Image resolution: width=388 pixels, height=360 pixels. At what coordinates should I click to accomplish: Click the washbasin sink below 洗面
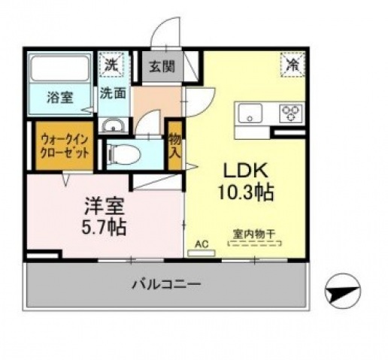(114, 125)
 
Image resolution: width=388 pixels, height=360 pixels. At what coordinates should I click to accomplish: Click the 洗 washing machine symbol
(112, 65)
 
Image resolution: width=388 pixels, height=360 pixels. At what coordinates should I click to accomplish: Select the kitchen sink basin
(250, 113)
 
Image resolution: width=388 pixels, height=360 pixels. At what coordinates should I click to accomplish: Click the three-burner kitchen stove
(290, 113)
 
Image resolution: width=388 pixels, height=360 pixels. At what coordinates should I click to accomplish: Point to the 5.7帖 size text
(102, 225)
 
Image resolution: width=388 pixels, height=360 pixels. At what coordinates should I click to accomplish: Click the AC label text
(201, 244)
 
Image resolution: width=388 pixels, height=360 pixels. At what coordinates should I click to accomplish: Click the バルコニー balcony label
(167, 285)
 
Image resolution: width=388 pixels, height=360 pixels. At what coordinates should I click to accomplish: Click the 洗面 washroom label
(114, 95)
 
